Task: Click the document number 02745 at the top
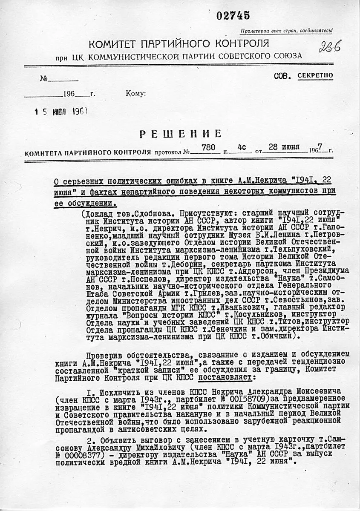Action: pyautogui.click(x=233, y=16)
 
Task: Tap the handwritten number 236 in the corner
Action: pyautogui.click(x=330, y=47)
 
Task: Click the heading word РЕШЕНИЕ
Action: pyautogui.click(x=181, y=134)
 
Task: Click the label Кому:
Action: pyautogui.click(x=136, y=94)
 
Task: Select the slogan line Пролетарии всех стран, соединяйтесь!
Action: pyautogui.click(x=286, y=31)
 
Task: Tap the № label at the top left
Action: pyautogui.click(x=43, y=79)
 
